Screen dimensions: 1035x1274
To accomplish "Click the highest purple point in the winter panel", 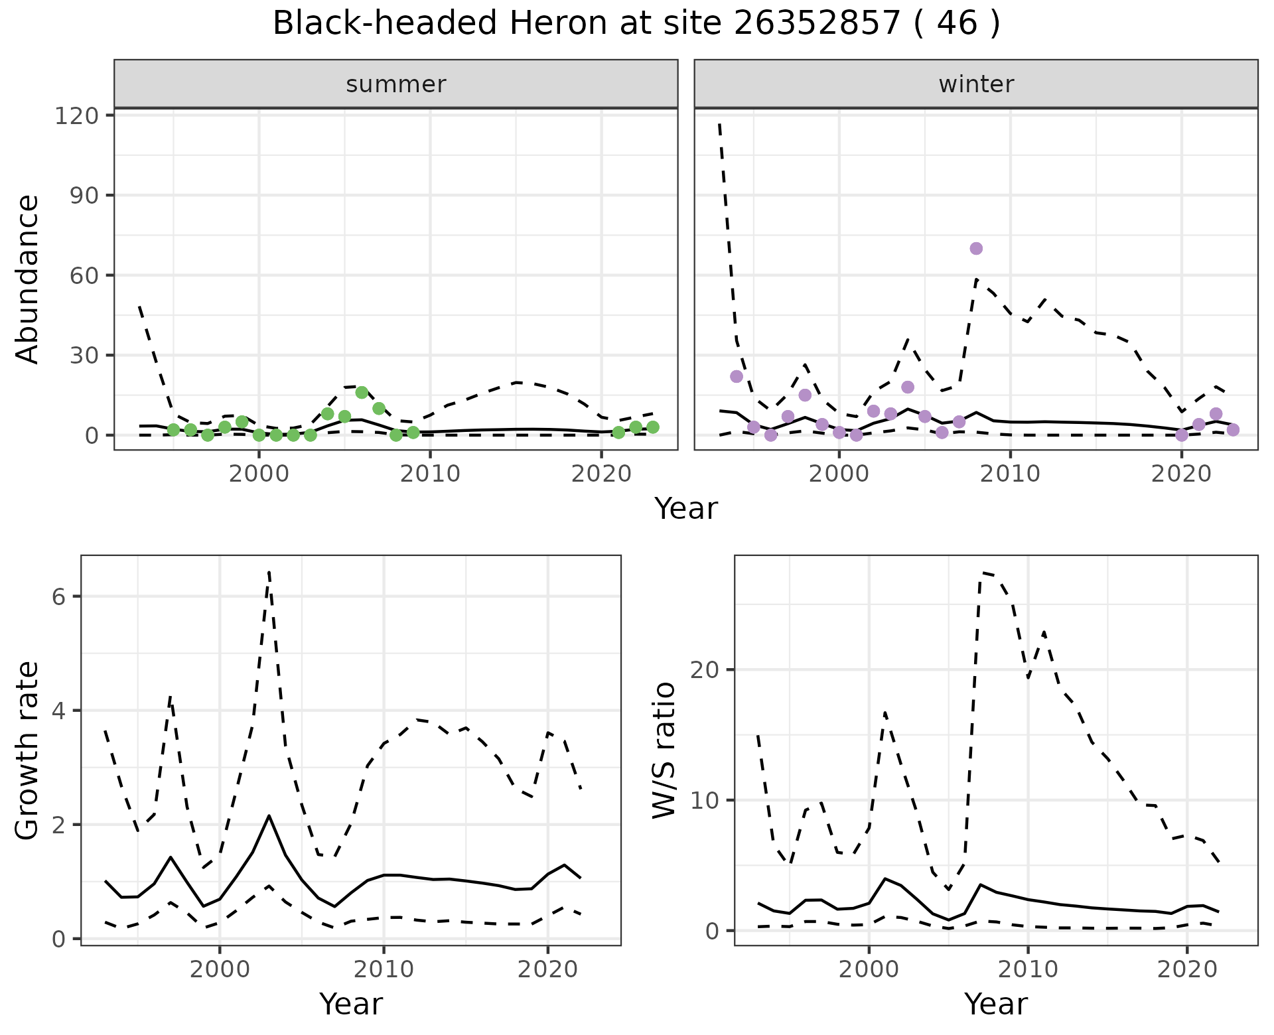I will point(976,249).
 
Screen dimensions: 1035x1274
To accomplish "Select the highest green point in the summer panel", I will point(362,392).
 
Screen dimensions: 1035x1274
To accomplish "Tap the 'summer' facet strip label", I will point(396,84).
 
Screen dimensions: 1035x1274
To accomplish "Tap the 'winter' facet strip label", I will point(976,84).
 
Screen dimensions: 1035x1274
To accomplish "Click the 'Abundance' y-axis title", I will point(28,279).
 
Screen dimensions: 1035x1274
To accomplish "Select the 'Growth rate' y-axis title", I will point(28,750).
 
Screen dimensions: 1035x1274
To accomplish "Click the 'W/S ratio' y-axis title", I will point(664,750).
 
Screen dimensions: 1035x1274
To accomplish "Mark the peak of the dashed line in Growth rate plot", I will point(269,572).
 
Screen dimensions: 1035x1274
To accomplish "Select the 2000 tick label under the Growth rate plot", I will point(220,969).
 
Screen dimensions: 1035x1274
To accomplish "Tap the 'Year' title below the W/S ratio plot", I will point(996,1004).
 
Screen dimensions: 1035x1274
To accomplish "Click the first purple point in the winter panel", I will point(737,376).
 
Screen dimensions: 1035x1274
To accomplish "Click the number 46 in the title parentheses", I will point(956,24).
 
